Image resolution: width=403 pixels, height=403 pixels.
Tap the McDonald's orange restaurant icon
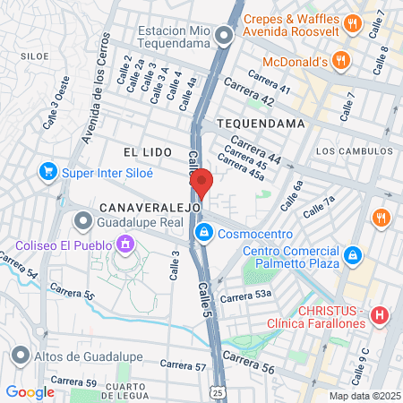coord(339,62)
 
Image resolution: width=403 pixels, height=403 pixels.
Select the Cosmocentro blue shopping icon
coord(205,234)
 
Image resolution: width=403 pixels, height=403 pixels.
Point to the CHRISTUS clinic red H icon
coord(381,314)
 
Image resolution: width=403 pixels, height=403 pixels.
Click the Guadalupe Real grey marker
coord(84,219)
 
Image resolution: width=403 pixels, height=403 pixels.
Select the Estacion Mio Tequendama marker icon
coord(225,37)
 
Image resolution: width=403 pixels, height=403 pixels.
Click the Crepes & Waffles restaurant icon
coord(354,24)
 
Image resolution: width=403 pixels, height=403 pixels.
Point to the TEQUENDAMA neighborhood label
coord(254,124)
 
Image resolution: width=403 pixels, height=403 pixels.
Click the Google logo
coord(30,391)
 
